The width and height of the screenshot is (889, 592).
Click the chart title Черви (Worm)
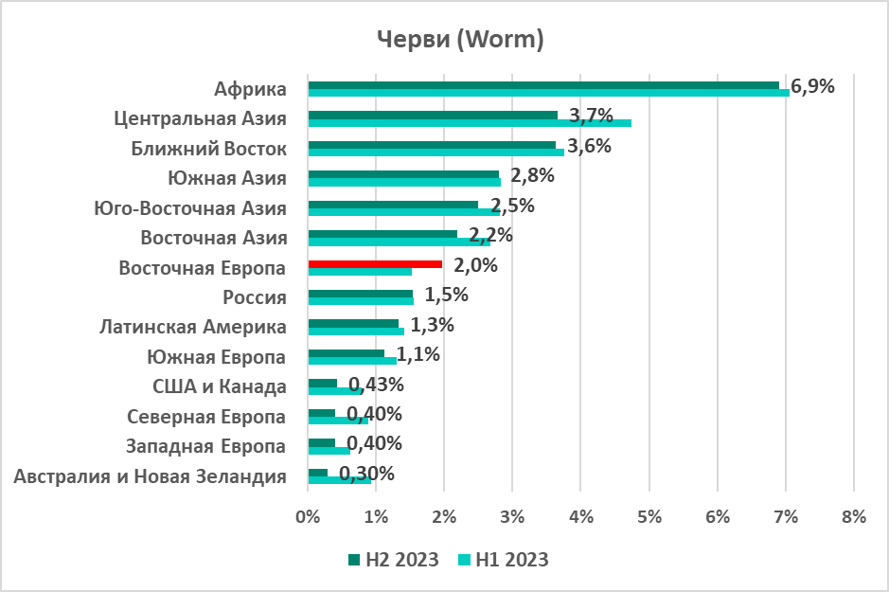pos(460,39)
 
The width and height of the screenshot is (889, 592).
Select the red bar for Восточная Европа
pos(375,264)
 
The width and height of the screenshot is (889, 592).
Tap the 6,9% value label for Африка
pos(812,87)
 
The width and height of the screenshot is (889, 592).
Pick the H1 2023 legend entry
pos(504,560)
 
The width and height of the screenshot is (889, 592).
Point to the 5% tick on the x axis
pos(649,517)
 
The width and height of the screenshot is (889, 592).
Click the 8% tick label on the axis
pos(853,517)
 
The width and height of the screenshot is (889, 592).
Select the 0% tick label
pos(308,517)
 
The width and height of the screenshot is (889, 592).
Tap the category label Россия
pos(255,297)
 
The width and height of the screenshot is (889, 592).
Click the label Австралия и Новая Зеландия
pos(151,475)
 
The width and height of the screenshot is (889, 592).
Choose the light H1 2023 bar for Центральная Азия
pos(470,123)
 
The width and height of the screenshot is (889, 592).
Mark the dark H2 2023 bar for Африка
pos(543,85)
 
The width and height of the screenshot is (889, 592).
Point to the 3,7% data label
pos(592,117)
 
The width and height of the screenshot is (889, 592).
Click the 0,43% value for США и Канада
pos(376,385)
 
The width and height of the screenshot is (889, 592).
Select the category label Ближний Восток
pos(208,149)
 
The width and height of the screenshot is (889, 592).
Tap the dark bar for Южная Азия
pos(403,174)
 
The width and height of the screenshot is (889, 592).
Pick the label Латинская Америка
pos(193,327)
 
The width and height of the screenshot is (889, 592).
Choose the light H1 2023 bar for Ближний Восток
pos(436,152)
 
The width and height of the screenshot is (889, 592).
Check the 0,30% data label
pos(366,474)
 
